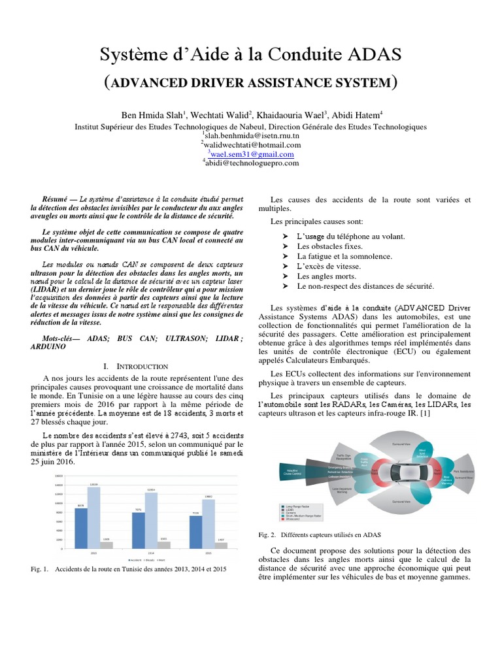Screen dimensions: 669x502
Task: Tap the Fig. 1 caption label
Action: click(x=40, y=570)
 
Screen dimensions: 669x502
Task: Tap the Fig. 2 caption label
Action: click(x=267, y=534)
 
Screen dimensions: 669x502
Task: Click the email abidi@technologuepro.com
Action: click(x=250, y=163)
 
